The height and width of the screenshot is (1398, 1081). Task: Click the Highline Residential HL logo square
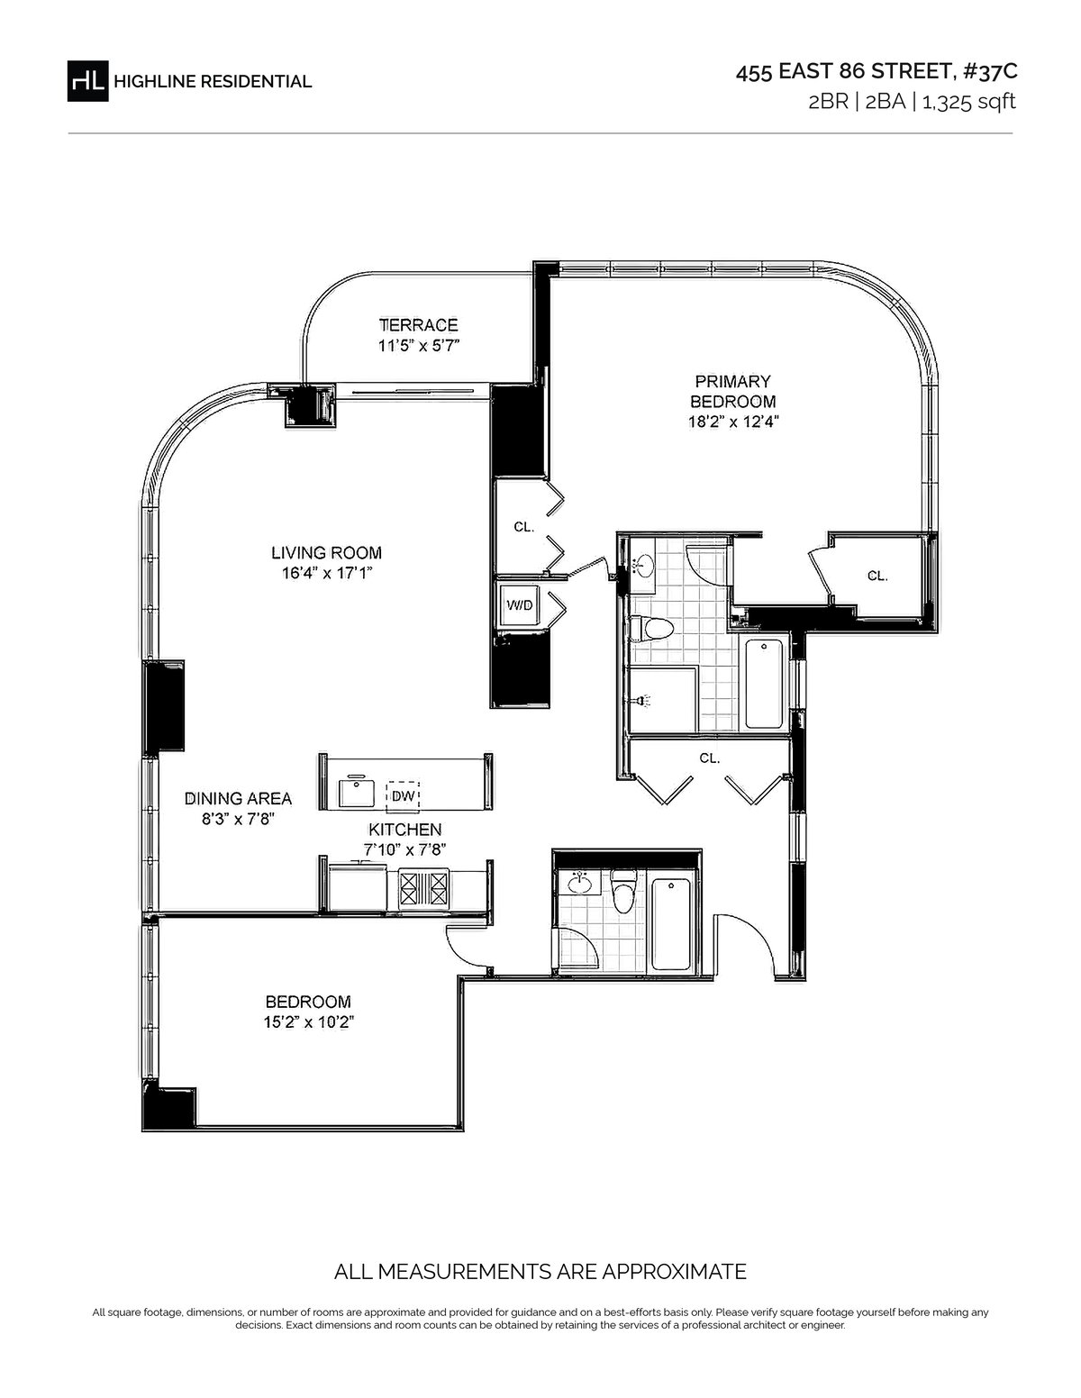(x=88, y=81)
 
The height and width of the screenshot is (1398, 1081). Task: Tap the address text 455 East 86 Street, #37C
(x=876, y=72)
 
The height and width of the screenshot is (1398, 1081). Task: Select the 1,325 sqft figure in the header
(x=968, y=103)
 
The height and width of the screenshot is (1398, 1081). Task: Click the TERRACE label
(x=419, y=325)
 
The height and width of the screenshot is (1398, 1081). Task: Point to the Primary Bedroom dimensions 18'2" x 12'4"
(x=733, y=422)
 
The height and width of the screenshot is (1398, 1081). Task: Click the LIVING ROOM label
(x=327, y=553)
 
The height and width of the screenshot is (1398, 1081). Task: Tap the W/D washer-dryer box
(x=520, y=605)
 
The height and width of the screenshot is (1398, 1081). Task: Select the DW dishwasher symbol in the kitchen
(x=403, y=795)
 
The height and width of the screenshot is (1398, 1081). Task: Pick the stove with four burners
(x=423, y=888)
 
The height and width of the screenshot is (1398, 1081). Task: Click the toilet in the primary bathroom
(x=650, y=629)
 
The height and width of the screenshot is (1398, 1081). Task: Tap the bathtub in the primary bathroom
(x=765, y=684)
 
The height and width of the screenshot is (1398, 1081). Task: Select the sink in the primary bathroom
(x=641, y=567)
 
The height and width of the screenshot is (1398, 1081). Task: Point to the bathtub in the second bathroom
(x=673, y=924)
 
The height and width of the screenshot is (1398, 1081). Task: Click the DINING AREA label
(x=238, y=798)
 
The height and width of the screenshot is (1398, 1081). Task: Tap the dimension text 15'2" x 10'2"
(x=309, y=1022)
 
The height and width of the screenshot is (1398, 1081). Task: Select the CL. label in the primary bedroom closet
(x=877, y=576)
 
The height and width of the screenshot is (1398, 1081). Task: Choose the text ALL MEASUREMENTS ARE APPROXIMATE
(x=540, y=1272)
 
